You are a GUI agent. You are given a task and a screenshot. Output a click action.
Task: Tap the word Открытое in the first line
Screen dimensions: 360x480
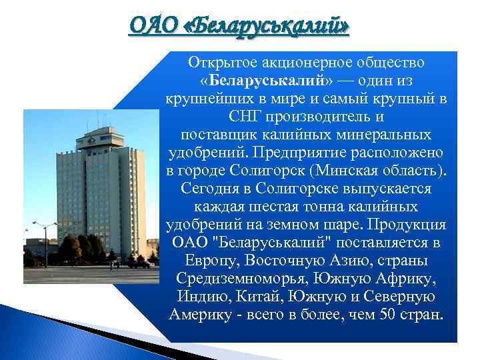pos(216,63)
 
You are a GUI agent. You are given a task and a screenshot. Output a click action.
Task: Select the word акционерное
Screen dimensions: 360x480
pos(291,63)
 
